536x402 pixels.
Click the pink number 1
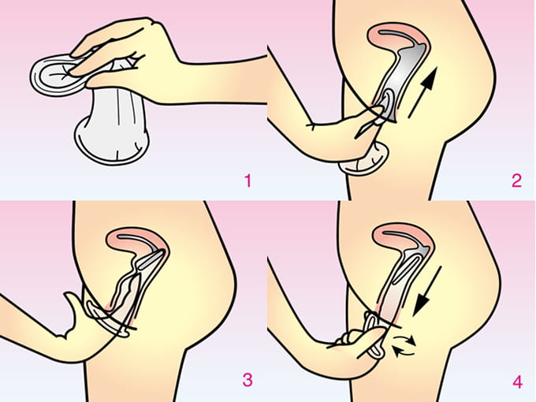pos(248,181)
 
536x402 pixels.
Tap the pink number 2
pos(516,181)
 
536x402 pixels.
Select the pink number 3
pos(248,380)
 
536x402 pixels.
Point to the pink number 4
pos(518,382)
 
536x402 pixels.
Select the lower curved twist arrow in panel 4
pos(404,351)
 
